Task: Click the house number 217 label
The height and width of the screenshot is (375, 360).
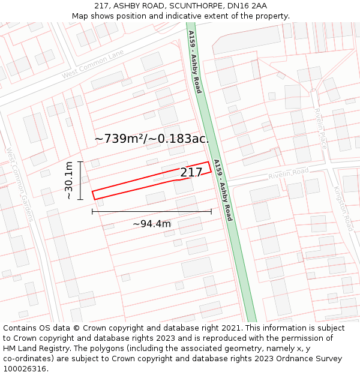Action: click(191, 173)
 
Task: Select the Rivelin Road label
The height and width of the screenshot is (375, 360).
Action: click(289, 173)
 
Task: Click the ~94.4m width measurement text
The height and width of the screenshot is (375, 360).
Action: click(152, 224)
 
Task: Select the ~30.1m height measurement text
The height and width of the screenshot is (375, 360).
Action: click(69, 181)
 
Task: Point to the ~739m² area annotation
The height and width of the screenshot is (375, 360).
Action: click(152, 139)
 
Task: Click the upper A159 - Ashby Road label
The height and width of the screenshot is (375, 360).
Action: click(194, 62)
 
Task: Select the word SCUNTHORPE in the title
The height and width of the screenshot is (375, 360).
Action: click(192, 6)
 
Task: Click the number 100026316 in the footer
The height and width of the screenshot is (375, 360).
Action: click(25, 368)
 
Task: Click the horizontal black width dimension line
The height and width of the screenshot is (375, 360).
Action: click(152, 211)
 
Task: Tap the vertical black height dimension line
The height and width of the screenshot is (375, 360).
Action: click(80, 181)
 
